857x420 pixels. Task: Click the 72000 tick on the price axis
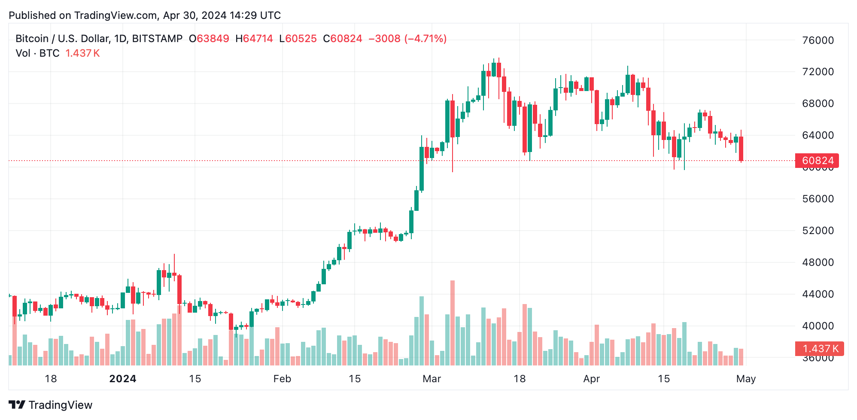click(817, 72)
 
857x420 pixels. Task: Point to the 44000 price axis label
click(817, 294)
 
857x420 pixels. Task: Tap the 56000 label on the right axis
click(817, 199)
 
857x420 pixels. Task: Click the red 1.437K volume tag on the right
click(819, 349)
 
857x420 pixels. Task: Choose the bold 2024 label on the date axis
click(123, 379)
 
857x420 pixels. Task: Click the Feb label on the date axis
click(282, 379)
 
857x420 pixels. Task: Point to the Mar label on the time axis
click(432, 379)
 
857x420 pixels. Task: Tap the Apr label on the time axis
click(591, 379)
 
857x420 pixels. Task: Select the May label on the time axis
click(746, 379)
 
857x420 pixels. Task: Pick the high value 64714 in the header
click(258, 39)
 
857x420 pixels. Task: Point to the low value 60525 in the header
click(301, 39)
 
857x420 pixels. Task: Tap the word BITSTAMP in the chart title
click(157, 39)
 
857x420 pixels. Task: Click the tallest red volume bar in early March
click(452, 322)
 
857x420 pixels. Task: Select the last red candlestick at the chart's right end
click(741, 149)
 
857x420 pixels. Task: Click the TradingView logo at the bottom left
click(50, 405)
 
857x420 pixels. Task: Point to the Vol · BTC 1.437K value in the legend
click(82, 53)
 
